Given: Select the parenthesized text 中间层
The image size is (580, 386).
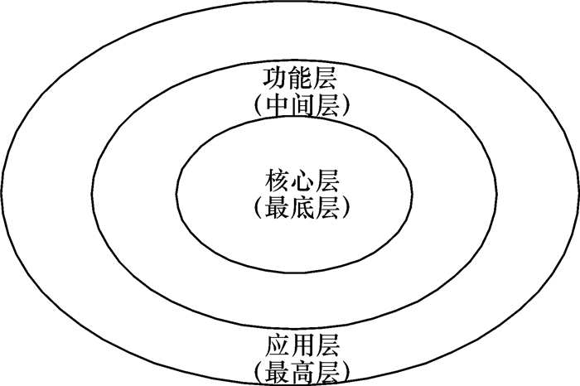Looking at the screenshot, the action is [302, 106].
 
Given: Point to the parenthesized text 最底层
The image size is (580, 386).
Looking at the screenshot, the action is [302, 207].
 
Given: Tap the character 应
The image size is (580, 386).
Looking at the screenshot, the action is [277, 343].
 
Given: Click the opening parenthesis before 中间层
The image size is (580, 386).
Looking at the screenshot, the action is [261, 107].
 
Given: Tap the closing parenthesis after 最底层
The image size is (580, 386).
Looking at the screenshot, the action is [342, 208].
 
